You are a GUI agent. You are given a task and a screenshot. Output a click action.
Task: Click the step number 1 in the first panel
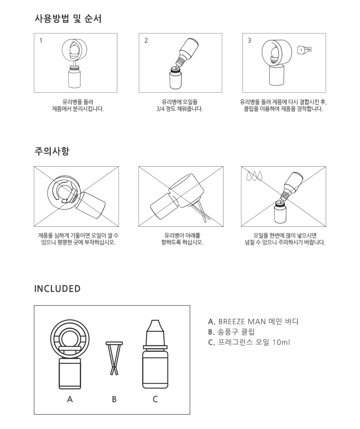(41, 41)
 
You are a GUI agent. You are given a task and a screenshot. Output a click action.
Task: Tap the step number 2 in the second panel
(146, 41)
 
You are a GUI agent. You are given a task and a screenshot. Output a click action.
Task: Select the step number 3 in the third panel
(249, 41)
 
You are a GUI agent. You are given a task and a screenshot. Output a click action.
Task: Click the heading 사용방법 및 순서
(68, 19)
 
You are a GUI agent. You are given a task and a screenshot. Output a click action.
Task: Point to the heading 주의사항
(52, 151)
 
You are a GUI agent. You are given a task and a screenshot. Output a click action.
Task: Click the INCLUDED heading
(58, 289)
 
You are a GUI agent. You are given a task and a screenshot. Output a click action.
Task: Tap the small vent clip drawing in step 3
(304, 50)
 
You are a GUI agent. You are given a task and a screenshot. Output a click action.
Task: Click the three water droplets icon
(254, 175)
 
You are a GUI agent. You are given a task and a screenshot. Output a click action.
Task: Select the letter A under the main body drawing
(70, 399)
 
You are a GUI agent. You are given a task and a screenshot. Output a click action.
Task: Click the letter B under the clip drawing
(114, 399)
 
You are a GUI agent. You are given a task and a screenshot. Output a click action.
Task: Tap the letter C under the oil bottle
(155, 399)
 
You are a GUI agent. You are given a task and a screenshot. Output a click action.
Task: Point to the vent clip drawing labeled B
(114, 358)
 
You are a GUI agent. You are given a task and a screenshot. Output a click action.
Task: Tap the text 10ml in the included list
(281, 342)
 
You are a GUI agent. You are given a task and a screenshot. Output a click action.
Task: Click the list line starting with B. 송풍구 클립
(231, 332)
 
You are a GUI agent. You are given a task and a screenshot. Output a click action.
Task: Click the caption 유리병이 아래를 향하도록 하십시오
(182, 239)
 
